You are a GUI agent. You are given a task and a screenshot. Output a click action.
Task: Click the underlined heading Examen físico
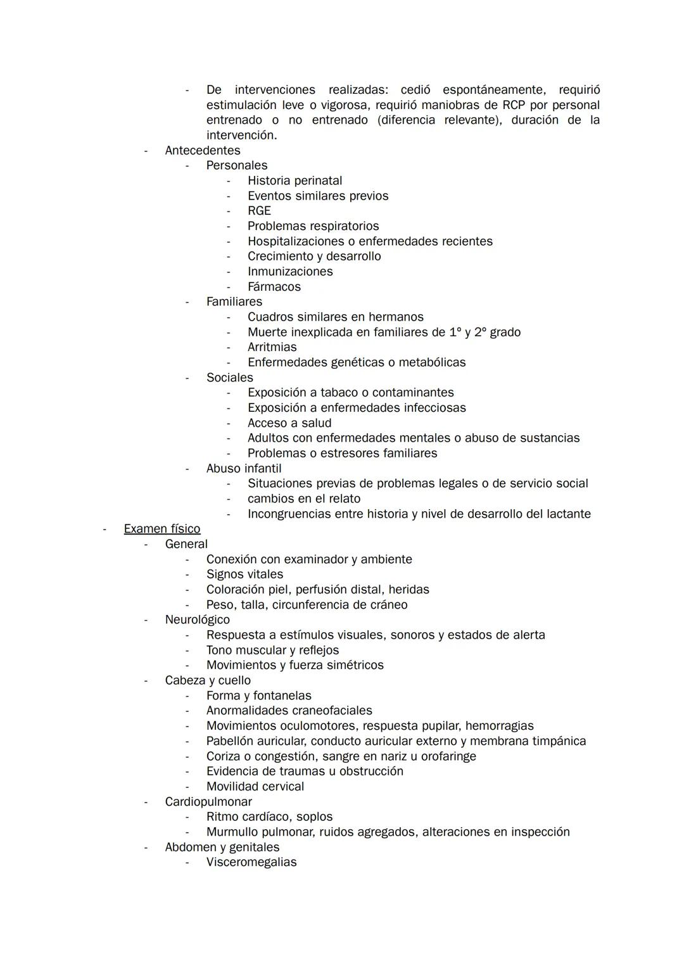point(162,529)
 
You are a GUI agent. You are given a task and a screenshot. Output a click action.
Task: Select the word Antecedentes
point(203,151)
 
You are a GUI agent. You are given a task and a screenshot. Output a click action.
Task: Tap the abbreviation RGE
point(259,211)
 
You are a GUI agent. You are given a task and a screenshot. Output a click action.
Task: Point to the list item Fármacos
point(274,287)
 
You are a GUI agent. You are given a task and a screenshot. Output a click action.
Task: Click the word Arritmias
point(272,347)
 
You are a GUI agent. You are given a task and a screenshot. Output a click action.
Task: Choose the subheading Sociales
point(229,378)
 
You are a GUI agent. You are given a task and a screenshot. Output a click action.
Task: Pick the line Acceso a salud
point(289,423)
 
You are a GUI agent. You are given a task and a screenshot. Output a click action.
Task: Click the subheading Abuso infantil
point(244,469)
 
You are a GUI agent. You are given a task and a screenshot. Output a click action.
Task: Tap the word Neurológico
point(198,620)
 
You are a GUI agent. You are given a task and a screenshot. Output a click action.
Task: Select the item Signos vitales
point(244,575)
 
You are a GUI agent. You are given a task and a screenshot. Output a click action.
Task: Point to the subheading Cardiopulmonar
point(208,802)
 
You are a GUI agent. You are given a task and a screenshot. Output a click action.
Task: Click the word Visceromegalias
point(251,862)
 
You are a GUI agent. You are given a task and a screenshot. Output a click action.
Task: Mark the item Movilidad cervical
point(255,787)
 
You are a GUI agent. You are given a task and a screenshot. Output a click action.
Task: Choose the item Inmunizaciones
point(290,272)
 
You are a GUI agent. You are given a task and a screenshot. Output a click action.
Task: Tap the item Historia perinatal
point(294,181)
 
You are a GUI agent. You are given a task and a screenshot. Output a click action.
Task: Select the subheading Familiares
point(234,302)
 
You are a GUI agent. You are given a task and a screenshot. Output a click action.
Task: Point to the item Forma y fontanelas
point(259,696)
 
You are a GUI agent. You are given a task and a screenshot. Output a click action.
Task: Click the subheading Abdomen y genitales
point(222,848)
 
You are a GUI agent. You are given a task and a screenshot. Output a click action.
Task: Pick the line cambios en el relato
point(304,499)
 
